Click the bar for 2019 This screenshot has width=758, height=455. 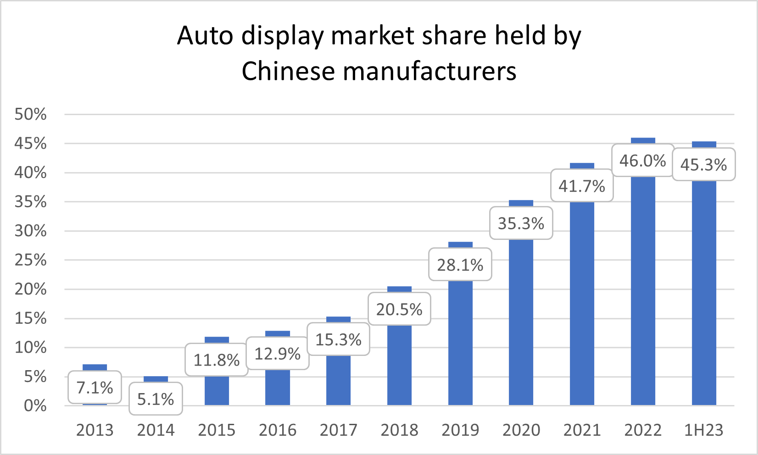tap(460, 344)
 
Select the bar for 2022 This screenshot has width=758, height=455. tap(643, 294)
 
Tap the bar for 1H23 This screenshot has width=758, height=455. tap(704, 294)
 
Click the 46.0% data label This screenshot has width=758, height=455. tap(643, 161)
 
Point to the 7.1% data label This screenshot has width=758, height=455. tap(95, 388)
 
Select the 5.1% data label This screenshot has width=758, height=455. tap(156, 399)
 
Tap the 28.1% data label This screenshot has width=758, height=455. tap(460, 265)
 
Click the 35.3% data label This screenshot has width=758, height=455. tap(521, 223)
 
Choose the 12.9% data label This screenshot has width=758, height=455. tap(278, 354)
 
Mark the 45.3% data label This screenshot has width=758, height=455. tap(704, 165)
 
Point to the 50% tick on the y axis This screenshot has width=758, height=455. tap(31, 114)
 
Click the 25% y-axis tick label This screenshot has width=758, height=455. tap(31, 260)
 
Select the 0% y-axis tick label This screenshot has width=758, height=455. tap(35, 405)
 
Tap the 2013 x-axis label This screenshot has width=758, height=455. tap(95, 430)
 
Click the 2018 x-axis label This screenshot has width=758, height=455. tap(399, 430)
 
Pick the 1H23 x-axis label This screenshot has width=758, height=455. tap(704, 430)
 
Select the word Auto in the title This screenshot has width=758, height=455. tap(205, 36)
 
